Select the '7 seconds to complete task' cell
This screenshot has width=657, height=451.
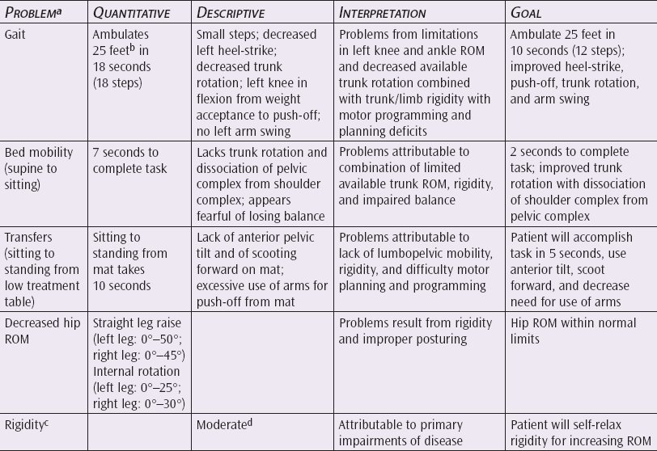(127, 159)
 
